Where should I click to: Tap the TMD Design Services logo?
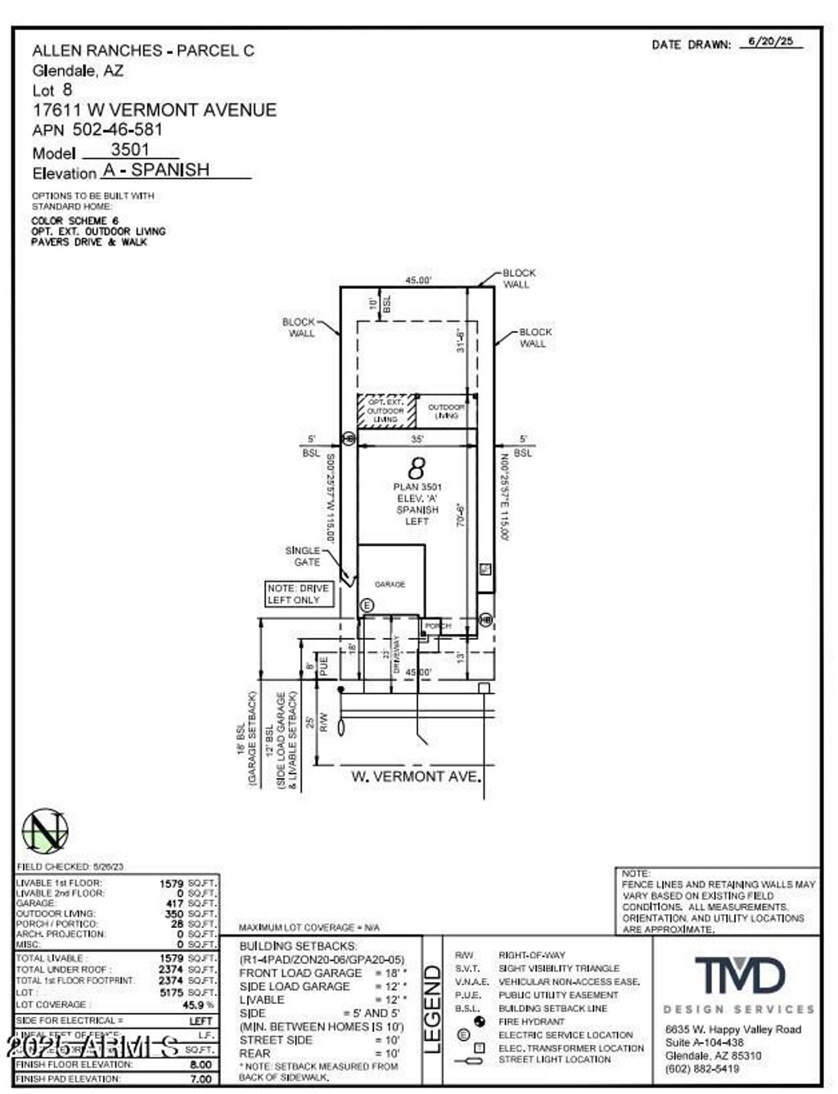point(739,976)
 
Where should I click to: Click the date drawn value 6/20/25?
point(770,41)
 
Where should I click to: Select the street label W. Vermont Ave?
point(415,776)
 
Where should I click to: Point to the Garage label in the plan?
point(390,584)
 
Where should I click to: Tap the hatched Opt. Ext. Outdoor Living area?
point(385,411)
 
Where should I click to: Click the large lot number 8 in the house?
point(417,469)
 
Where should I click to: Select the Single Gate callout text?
point(302,556)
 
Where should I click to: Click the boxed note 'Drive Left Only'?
point(298,594)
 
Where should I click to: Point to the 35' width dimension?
point(417,439)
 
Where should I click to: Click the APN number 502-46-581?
point(118,129)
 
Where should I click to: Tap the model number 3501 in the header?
point(131,150)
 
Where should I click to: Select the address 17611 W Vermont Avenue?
point(155,110)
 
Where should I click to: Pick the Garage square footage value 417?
point(174,903)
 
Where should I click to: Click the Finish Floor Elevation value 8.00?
point(200,1065)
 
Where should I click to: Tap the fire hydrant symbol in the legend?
point(480,1021)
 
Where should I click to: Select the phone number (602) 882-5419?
point(702,1069)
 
